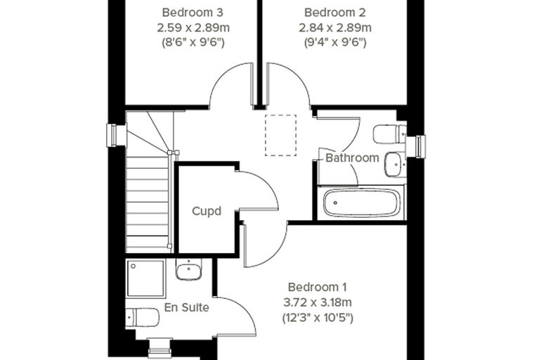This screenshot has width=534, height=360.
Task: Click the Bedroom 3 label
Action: coord(193,13)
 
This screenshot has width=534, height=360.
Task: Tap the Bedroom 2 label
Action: coord(334,13)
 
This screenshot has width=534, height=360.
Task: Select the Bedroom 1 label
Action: coord(318,287)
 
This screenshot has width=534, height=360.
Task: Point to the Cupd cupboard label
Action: coord(207,212)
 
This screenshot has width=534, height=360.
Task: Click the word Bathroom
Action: coord(352,157)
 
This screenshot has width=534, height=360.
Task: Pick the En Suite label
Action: coord(187,307)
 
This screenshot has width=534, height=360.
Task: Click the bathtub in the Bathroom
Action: coord(362,203)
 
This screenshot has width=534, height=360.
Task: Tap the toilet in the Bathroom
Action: coord(390,134)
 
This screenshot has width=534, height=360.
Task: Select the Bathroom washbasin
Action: coord(395,165)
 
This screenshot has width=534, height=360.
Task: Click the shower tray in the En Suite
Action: coord(146,278)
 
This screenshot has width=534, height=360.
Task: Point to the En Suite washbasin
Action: coord(189,269)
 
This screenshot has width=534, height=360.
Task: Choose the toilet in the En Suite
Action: coord(143,318)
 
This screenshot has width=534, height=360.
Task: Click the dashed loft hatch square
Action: coord(280,135)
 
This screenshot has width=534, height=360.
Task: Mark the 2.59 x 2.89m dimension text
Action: coord(193,27)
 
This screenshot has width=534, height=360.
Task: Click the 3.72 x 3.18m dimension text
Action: coord(318,302)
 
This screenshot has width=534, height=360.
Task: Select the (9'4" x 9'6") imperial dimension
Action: coord(335,42)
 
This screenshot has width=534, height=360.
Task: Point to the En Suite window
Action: coord(159,349)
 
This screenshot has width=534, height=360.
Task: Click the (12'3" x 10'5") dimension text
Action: coord(318,318)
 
